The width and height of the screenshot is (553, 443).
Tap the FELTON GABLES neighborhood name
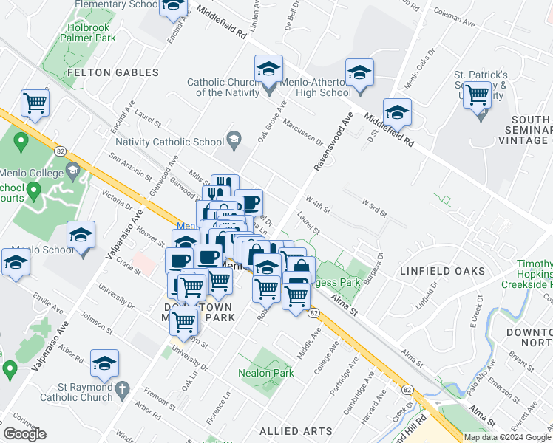113,72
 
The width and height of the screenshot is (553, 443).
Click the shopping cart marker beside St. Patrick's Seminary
478,95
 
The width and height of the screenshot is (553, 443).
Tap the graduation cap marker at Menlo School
81,236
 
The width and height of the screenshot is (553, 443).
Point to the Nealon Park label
266,373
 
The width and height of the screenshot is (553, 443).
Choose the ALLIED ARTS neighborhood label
291,430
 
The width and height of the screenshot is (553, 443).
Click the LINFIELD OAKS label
442,271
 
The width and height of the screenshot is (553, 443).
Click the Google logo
25,434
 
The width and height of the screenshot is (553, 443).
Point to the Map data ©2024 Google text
507,437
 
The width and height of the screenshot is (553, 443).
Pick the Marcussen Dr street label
302,128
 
